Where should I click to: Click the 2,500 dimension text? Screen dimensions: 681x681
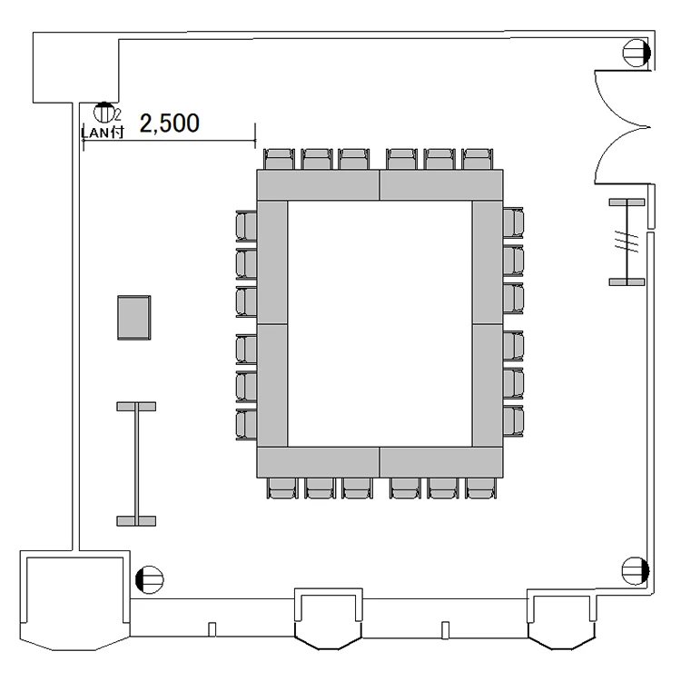pos(170,123)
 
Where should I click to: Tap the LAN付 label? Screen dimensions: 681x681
pos(103,132)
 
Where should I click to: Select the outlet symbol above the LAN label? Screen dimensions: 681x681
pos(104,113)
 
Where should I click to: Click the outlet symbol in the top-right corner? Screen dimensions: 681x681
pos(637,53)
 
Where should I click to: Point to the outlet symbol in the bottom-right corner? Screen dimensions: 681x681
pos(636,571)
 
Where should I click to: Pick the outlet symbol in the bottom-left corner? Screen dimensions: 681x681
pos(150,579)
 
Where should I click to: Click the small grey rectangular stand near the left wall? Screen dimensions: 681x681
pos(134,318)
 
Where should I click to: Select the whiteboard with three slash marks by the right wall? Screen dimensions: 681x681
pos(627,242)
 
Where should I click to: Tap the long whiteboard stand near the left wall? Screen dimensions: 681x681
pos(136,464)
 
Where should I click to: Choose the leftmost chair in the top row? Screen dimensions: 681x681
pos(279,160)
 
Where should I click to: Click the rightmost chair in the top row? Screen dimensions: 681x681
pos(478,160)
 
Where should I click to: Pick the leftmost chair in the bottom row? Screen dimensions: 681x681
pos(282,488)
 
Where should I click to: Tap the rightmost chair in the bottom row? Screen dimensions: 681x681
pos(480,488)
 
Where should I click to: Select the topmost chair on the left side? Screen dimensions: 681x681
pos(246,226)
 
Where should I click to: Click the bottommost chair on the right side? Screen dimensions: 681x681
pos(513,421)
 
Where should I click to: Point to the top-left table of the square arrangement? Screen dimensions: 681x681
pos(319,185)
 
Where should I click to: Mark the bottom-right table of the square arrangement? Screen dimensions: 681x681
pos(441,462)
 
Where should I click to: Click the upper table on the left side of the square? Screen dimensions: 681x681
pos(272,262)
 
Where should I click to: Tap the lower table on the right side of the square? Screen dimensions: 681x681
pos(488,386)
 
